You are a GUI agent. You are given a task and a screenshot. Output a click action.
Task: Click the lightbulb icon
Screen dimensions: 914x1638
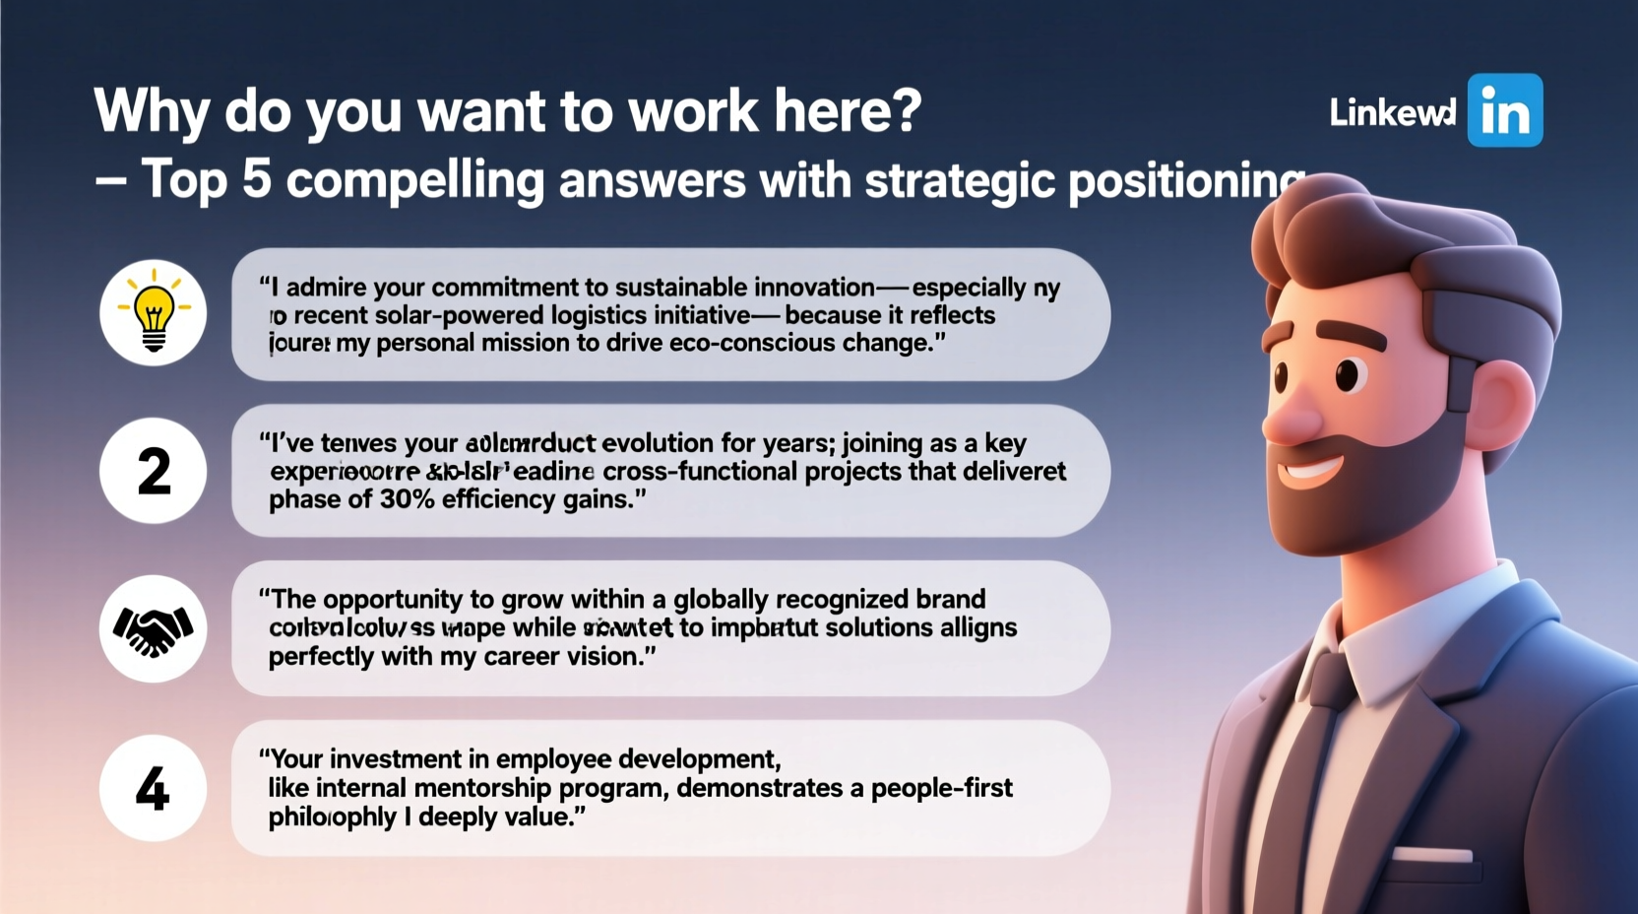click(154, 313)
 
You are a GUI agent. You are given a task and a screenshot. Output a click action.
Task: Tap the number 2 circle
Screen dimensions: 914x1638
click(154, 471)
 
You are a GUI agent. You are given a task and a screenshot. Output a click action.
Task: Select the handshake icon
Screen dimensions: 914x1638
click(154, 629)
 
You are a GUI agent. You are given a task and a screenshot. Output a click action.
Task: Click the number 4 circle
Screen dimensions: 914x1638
click(154, 788)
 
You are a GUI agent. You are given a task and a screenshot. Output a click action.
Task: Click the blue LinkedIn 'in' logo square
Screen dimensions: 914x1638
click(1504, 110)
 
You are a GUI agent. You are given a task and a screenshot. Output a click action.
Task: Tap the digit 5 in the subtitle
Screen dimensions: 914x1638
click(256, 179)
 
